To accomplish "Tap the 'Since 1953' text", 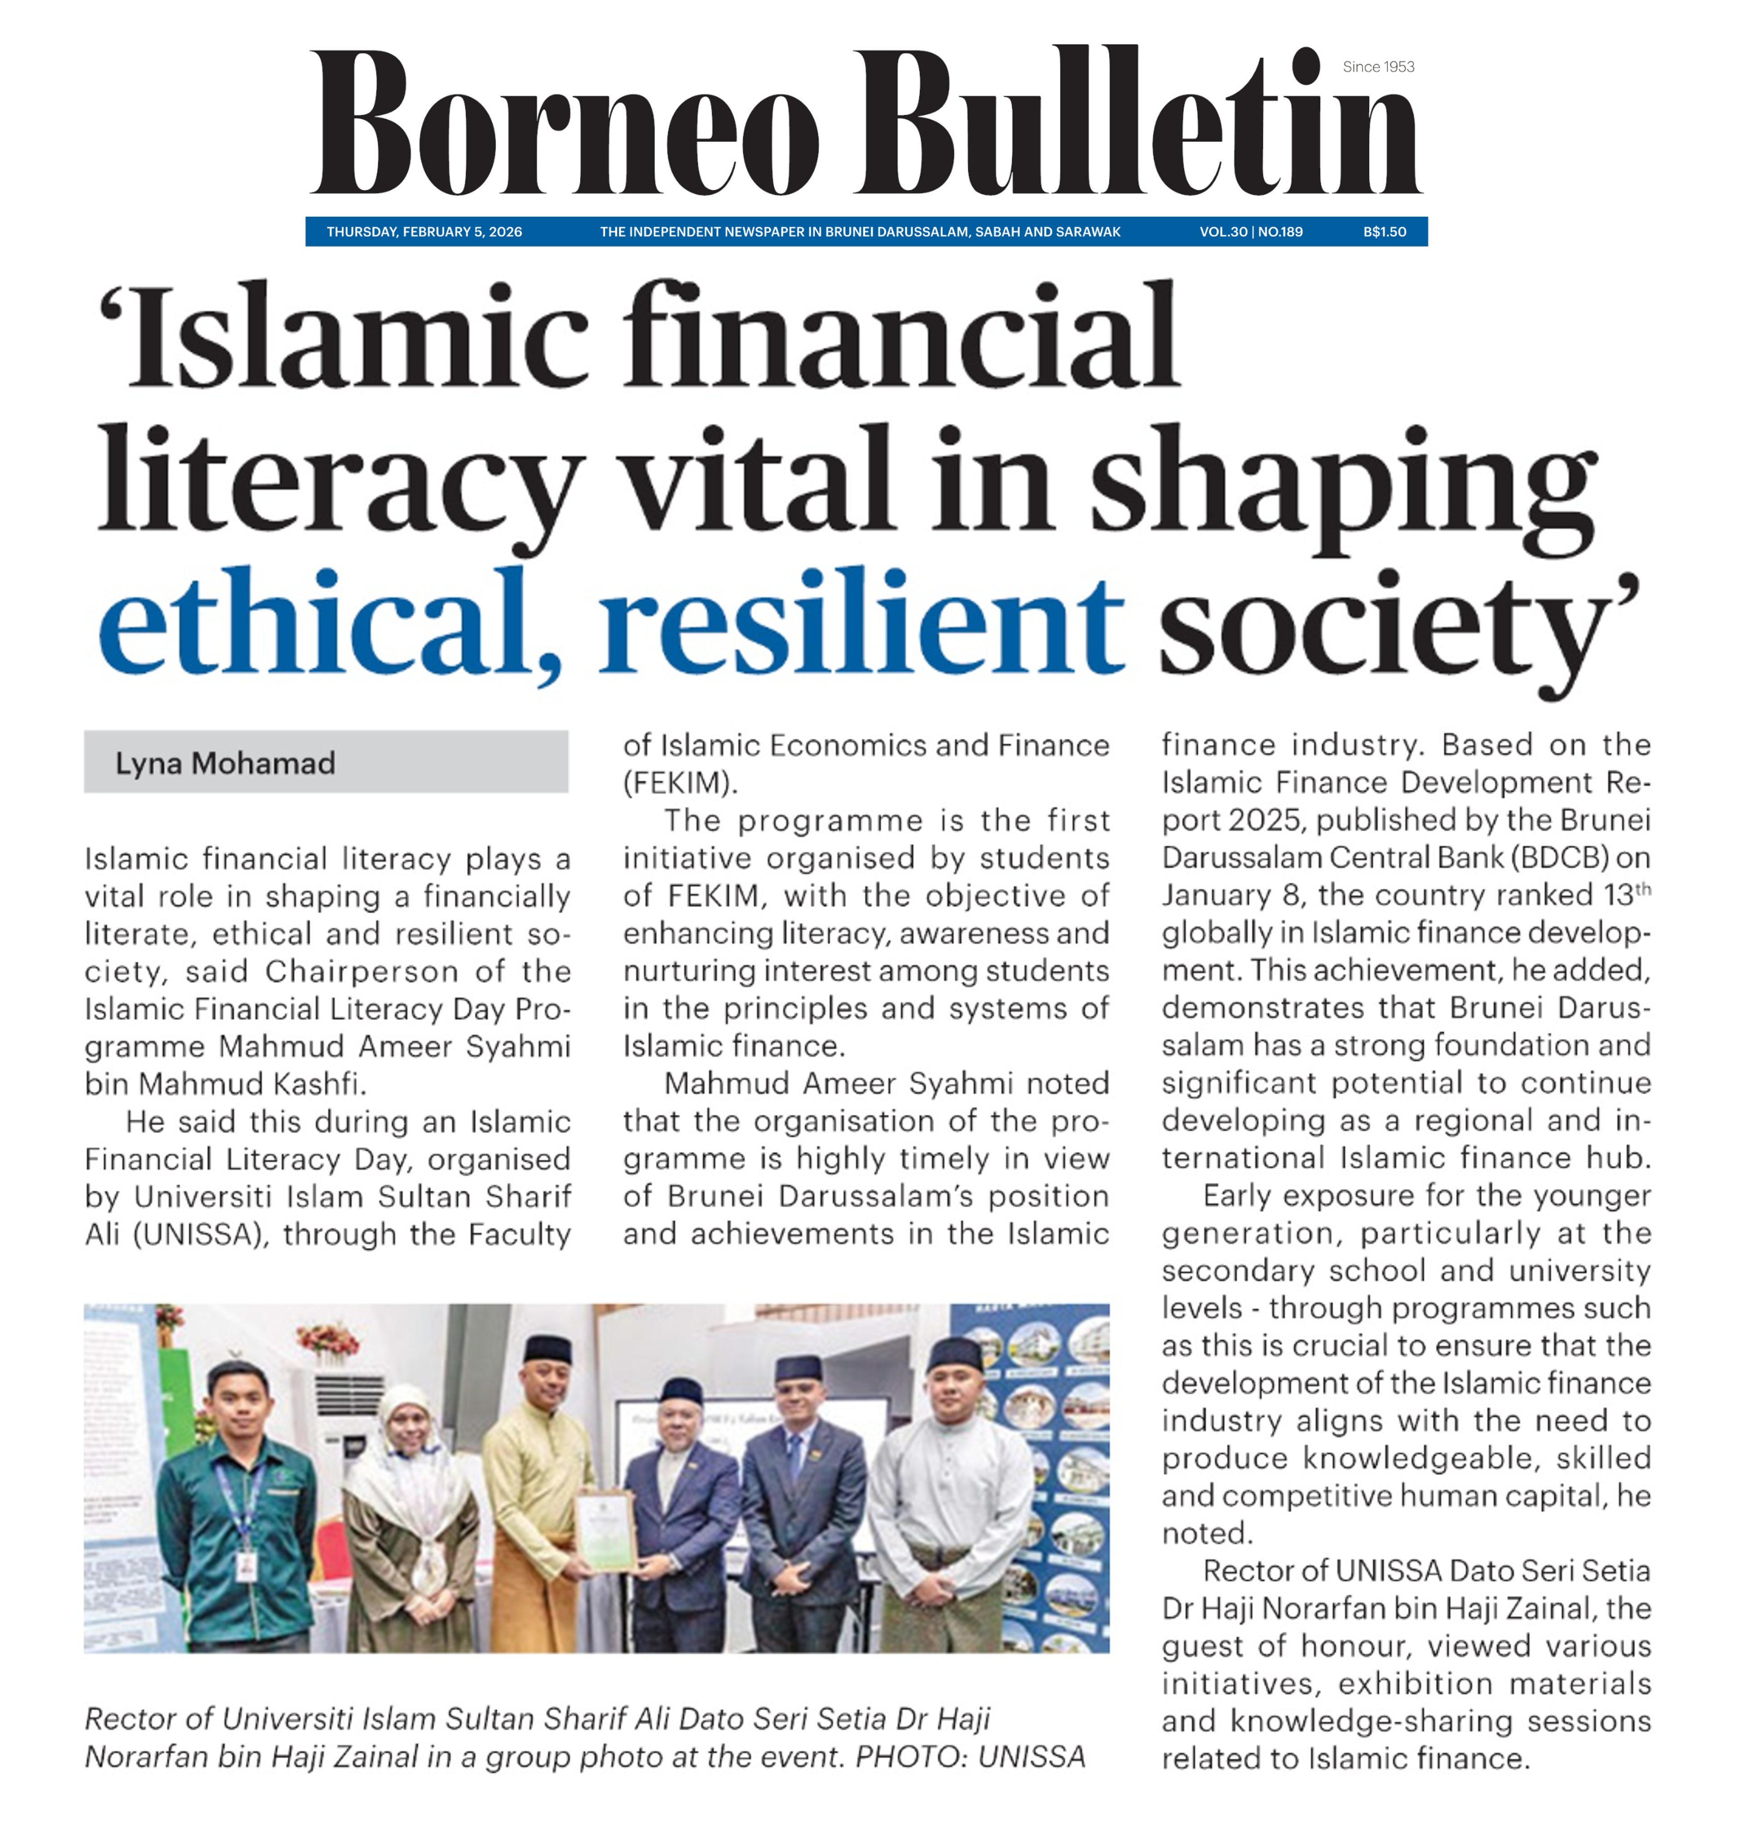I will [x=1378, y=67].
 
